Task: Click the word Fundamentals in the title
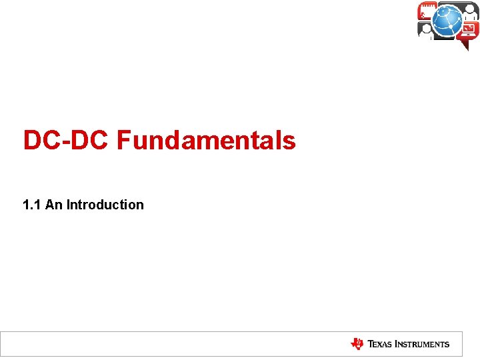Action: (x=206, y=141)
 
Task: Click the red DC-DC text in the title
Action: (x=67, y=141)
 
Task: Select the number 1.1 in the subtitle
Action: (x=31, y=205)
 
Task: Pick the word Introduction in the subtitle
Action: (x=105, y=205)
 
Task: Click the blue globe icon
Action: (x=447, y=21)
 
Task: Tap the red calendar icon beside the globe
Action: (x=427, y=11)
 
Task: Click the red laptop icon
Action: (x=469, y=30)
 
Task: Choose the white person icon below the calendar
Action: (x=426, y=30)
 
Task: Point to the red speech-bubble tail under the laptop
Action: (x=465, y=45)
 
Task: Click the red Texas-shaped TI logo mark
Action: (x=357, y=344)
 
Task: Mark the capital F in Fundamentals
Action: (x=123, y=141)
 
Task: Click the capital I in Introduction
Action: (x=68, y=205)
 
